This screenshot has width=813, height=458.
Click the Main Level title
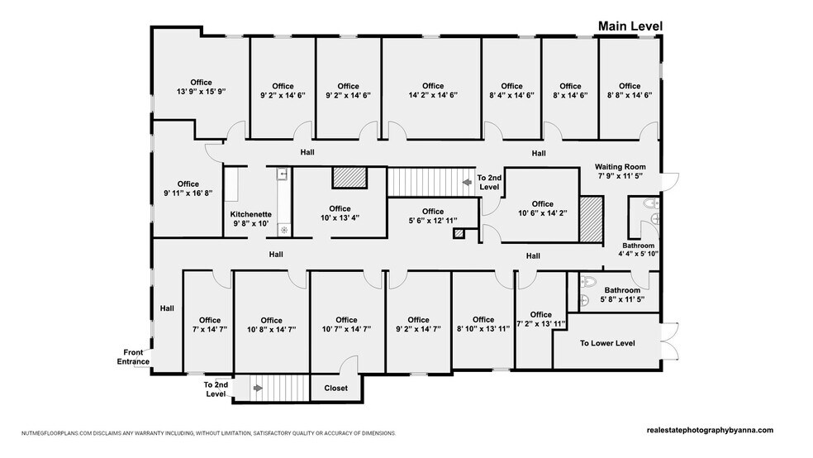coord(630,26)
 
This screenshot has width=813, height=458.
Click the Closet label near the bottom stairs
coord(335,388)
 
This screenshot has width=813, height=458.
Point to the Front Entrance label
coord(132,356)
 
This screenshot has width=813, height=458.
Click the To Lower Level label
coord(607,342)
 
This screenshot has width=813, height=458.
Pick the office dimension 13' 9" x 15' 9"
coord(201,93)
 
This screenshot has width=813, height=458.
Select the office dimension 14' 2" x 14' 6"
coord(432,96)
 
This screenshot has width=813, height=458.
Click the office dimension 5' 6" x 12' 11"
coord(432,222)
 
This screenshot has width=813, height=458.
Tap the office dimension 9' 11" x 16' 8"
coord(188,193)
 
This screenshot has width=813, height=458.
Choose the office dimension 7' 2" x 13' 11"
coord(540,324)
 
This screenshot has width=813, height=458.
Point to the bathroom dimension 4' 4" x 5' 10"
coord(638,255)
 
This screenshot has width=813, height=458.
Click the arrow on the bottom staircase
coord(259,386)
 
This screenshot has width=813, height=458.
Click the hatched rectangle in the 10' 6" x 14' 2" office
coord(592,219)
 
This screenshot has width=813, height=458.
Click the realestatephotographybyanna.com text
coord(710,430)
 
